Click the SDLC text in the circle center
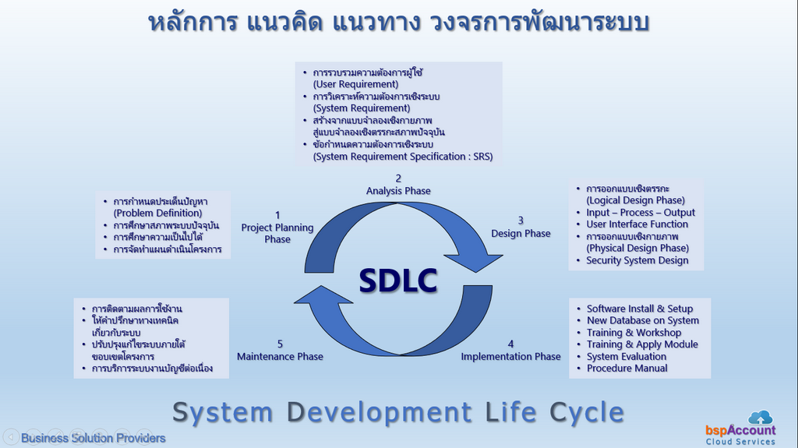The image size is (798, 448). (398, 280)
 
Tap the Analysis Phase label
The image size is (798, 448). (398, 191)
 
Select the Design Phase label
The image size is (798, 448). (521, 233)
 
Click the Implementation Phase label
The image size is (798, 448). (510, 356)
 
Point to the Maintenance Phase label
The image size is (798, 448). (280, 356)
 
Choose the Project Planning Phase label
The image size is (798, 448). (277, 233)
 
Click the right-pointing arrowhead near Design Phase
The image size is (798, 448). (476, 259)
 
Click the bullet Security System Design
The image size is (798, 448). (637, 260)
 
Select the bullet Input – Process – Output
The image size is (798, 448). (641, 212)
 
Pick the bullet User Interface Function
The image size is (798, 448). (637, 224)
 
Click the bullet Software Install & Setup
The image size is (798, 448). (640, 309)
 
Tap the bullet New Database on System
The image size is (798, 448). (643, 320)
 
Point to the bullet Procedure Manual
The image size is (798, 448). (627, 368)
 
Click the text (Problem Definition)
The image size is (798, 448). (157, 213)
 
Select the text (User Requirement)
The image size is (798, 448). (355, 84)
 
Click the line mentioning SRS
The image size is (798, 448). (403, 157)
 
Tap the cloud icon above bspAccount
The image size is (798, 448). (761, 418)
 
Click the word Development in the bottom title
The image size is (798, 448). (380, 412)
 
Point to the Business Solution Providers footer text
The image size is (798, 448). (94, 438)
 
